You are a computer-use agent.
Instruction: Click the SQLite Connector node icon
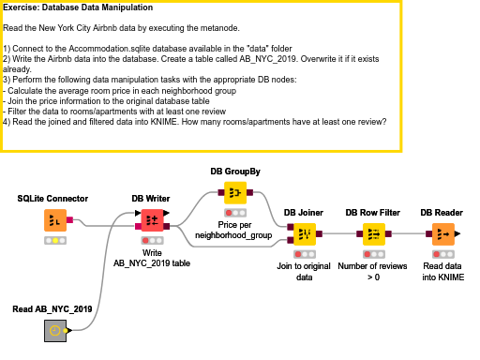[56, 221]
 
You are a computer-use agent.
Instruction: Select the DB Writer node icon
[150, 221]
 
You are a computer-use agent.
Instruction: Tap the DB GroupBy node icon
[234, 193]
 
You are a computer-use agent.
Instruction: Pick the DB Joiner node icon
[304, 234]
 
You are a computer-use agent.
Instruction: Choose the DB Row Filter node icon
[374, 234]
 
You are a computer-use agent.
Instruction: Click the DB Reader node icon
[443, 234]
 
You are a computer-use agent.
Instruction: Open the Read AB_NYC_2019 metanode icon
[56, 329]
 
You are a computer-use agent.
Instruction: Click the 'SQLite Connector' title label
[52, 199]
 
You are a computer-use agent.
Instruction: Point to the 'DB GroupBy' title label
[234, 171]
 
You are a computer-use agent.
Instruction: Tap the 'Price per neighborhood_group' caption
[234, 231]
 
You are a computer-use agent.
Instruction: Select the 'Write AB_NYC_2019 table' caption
[152, 258]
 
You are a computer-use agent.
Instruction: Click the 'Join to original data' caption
[304, 271]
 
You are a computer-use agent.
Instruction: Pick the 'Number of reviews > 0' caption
[374, 271]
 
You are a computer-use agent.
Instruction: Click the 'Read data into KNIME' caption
[442, 271]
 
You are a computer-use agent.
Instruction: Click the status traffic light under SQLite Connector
[56, 241]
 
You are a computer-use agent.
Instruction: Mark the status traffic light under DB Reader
[443, 254]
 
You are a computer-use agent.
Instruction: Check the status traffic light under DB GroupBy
[234, 213]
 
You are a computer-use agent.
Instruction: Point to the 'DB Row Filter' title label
[374, 213]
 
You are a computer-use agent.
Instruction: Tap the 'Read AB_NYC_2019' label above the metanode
[52, 308]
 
